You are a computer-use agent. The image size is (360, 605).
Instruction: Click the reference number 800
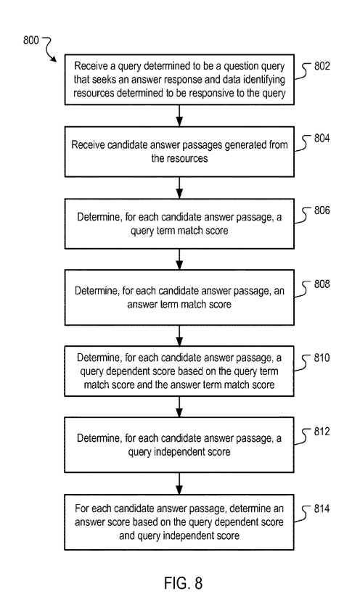30,40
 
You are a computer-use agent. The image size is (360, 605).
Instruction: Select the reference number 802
322,66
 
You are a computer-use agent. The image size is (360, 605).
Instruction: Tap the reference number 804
322,138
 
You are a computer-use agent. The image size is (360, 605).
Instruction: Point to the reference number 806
322,210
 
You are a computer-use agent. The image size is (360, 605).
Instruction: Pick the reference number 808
322,284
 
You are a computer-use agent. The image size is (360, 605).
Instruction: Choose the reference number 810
322,358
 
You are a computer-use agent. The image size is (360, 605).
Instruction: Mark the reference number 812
322,432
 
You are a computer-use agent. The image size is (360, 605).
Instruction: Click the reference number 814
322,509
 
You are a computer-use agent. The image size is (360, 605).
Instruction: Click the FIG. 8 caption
183,583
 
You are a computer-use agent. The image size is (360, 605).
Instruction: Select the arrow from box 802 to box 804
179,115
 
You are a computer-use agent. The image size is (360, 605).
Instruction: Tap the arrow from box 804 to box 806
179,187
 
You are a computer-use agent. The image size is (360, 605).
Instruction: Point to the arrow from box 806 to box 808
179,259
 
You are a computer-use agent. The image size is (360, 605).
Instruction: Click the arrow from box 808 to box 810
179,335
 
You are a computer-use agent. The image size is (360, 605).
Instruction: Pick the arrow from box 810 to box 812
179,407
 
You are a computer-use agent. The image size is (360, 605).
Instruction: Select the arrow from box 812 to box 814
179,483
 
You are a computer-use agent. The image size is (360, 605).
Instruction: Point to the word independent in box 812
178,452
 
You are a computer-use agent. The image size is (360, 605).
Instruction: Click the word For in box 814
83,509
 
